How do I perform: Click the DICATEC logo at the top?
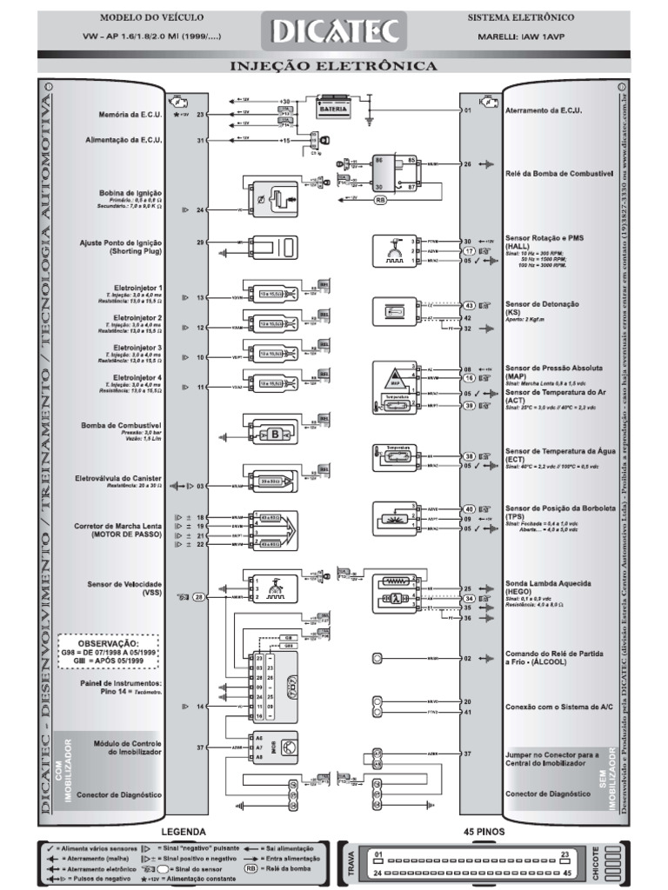335,32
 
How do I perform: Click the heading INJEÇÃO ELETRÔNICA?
333,66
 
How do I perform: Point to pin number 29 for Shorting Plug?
200,242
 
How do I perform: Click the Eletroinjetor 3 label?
139,348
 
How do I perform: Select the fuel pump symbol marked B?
276,433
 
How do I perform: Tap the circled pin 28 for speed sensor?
199,597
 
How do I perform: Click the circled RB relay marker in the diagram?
379,199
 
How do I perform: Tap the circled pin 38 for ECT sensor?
468,456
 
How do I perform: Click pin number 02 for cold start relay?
467,660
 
